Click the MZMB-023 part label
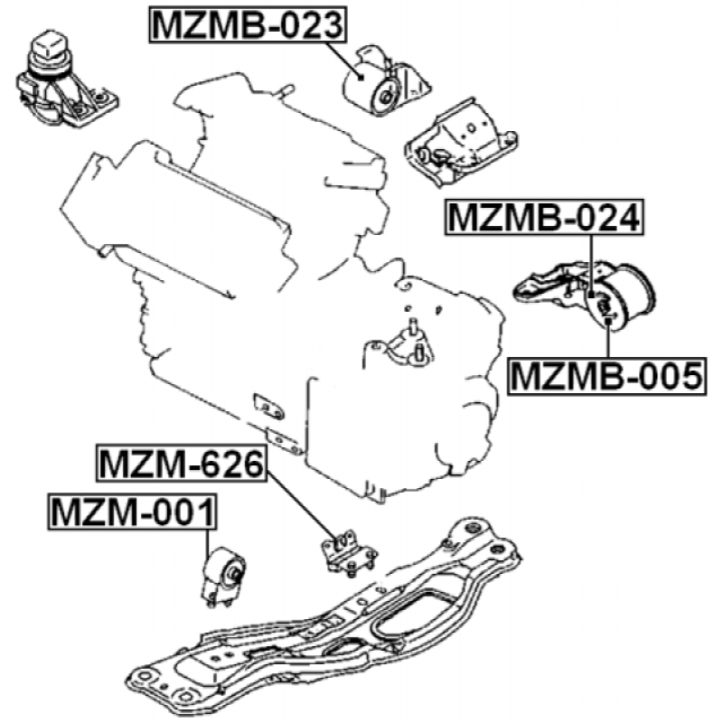pos(248,25)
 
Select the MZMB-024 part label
pos(544,218)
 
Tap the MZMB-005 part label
pos(606,376)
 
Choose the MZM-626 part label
pos(182,464)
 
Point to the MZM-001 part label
pos(132,512)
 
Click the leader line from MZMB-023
pos(345,61)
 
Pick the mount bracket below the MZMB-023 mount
pos(460,143)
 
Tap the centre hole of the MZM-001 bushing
pos(233,574)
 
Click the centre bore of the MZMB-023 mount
pos(384,96)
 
